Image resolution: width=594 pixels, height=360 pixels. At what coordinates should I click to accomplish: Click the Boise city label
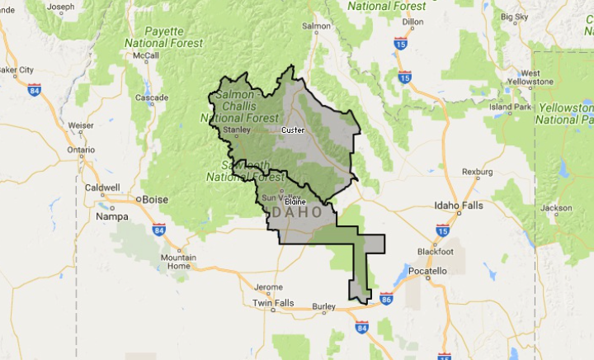click(155, 199)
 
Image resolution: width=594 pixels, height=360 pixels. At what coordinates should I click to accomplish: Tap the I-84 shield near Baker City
click(34, 89)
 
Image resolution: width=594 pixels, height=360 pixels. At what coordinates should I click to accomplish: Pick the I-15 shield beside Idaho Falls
click(442, 230)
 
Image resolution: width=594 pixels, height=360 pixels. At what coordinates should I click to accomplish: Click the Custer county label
click(293, 130)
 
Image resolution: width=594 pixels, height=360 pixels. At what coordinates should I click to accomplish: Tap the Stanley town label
click(236, 129)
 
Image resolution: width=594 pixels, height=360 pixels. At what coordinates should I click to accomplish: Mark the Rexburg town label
click(477, 172)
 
